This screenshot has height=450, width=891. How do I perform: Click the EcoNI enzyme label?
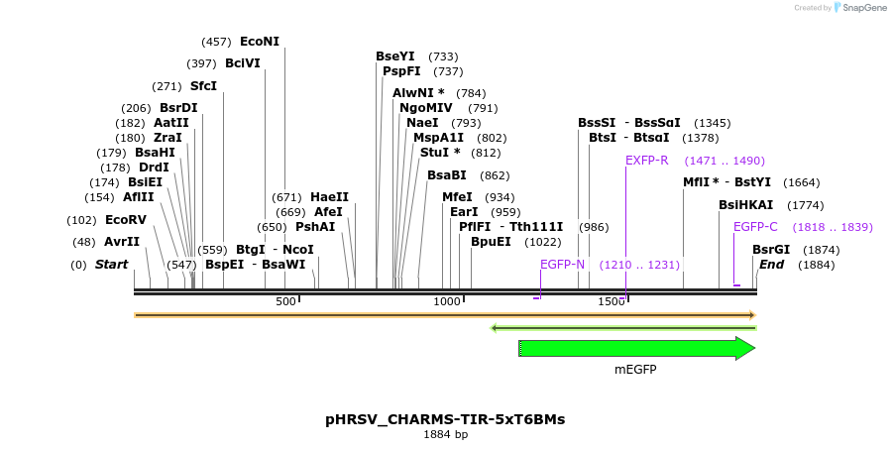(260, 42)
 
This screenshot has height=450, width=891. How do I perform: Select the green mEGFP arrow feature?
(635, 348)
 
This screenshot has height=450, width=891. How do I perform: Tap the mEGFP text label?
(635, 370)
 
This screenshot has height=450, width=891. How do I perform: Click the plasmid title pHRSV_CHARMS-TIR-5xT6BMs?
(445, 419)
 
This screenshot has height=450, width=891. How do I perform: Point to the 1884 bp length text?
(445, 434)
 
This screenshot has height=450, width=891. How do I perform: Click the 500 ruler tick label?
(285, 301)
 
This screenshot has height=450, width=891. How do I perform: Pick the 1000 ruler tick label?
(447, 301)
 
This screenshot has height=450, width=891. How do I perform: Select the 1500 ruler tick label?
(611, 301)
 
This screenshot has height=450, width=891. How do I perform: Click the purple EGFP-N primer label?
(563, 265)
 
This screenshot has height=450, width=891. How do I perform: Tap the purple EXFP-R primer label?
(647, 161)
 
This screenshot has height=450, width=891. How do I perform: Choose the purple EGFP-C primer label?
(755, 227)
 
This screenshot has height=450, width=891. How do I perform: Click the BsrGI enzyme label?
(771, 250)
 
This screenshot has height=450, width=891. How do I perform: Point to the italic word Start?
(111, 265)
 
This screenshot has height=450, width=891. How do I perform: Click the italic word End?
(771, 265)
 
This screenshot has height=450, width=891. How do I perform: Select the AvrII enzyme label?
(122, 242)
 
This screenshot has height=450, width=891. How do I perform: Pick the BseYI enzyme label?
(395, 56)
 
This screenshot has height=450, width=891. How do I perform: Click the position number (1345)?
(712, 123)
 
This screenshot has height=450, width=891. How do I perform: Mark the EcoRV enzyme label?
(126, 220)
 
